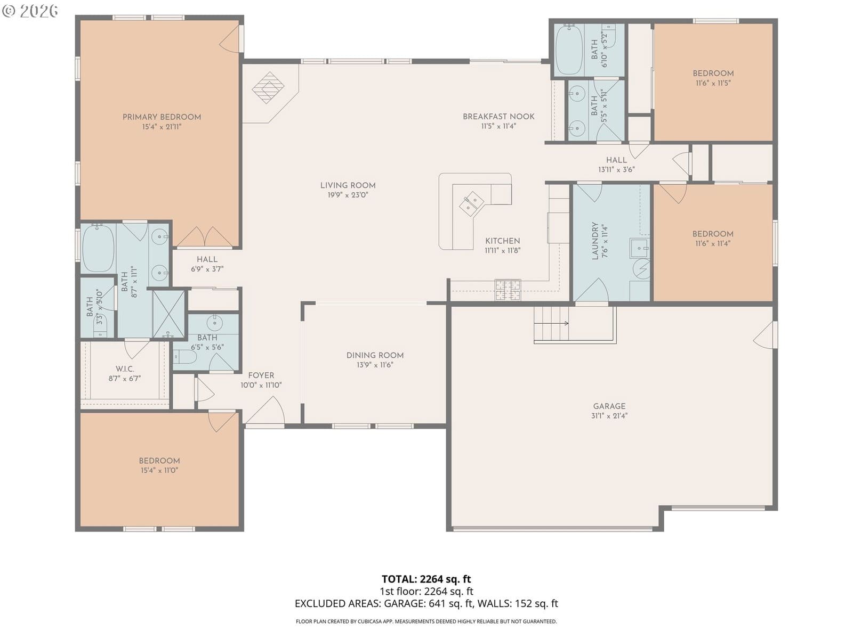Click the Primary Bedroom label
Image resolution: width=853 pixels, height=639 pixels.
click(162, 117)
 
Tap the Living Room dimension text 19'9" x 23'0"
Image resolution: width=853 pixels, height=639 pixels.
click(348, 195)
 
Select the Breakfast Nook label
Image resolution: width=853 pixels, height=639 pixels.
click(498, 117)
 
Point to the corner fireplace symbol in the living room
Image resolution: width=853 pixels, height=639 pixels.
click(268, 88)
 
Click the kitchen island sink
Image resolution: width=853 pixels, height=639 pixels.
click(471, 204)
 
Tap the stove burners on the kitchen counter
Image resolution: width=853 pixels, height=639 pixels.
click(508, 290)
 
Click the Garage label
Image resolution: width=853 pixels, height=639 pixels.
click(609, 406)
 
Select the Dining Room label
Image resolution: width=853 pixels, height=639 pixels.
click(375, 355)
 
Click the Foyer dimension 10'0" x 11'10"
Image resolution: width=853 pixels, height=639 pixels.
click(261, 385)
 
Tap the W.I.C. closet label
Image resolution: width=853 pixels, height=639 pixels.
click(125, 368)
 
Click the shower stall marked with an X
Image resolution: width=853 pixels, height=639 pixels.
click(168, 314)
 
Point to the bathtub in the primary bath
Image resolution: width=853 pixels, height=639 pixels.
click(98, 248)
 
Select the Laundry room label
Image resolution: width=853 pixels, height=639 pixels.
click(595, 241)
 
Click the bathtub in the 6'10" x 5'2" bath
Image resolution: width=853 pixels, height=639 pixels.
click(569, 50)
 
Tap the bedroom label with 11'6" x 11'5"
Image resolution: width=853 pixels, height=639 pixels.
click(713, 73)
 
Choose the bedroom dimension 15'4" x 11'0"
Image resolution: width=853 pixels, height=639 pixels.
click(159, 470)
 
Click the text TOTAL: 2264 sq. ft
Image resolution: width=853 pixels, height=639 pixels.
click(426, 579)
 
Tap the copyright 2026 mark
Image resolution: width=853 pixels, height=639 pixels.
click(30, 11)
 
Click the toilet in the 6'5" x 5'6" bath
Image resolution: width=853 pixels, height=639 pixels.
click(185, 356)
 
